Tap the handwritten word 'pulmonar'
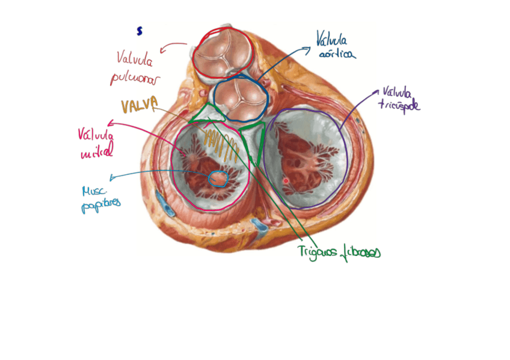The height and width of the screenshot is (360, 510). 131,78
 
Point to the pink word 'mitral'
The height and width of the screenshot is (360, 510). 96,153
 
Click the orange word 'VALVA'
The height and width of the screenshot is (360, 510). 139,106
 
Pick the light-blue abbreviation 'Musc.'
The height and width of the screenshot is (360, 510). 93,191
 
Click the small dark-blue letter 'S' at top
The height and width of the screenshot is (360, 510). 140,29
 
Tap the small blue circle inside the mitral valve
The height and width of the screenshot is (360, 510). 218,178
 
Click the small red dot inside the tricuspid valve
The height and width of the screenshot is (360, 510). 286,180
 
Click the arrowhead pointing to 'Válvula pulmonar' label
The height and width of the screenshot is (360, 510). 162,46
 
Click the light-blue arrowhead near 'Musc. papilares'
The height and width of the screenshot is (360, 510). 111,178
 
